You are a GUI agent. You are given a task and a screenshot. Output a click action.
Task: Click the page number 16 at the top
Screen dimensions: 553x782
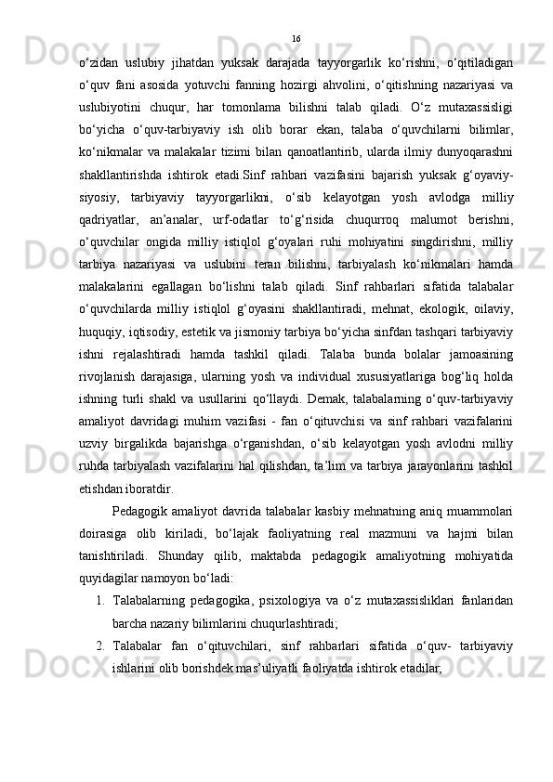[x=296, y=38]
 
